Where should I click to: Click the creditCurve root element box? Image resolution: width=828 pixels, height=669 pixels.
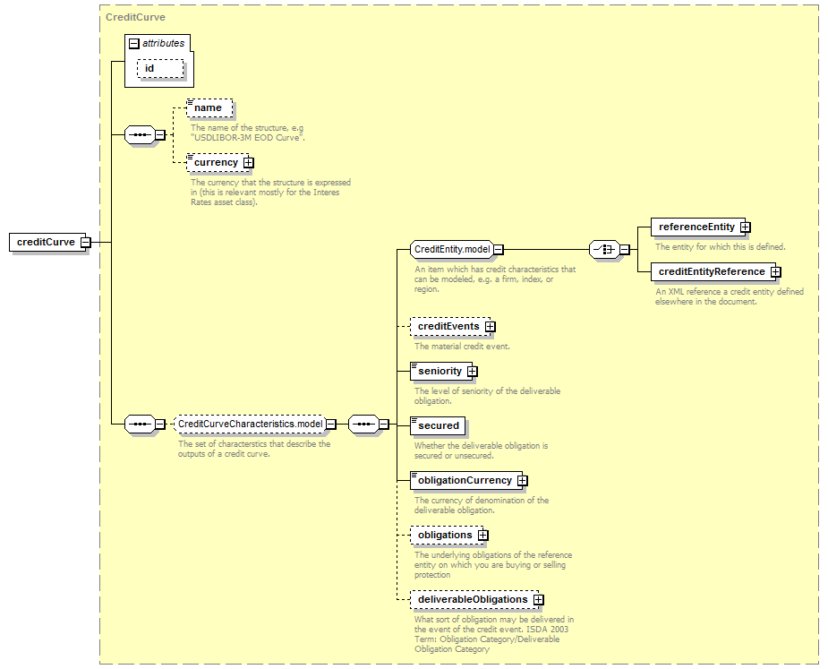pyautogui.click(x=47, y=242)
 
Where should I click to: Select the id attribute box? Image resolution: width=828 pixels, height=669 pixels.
pyautogui.click(x=160, y=69)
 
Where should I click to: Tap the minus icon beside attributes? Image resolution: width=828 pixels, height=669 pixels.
pyautogui.click(x=134, y=44)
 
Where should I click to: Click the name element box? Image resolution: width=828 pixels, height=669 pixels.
pyautogui.click(x=209, y=107)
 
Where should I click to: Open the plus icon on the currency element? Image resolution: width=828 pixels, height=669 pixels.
pyautogui.click(x=248, y=163)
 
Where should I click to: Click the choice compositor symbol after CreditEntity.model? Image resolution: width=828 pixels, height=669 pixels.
pyautogui.click(x=604, y=250)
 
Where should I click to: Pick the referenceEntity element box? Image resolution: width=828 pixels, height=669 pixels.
pyautogui.click(x=698, y=227)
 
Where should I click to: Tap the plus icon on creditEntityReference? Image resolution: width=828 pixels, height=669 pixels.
pyautogui.click(x=775, y=271)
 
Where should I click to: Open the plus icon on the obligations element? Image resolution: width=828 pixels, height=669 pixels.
pyautogui.click(x=482, y=536)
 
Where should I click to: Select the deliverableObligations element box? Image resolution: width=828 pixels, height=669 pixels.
pyautogui.click(x=474, y=600)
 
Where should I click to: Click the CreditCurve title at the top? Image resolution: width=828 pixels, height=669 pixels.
pyautogui.click(x=135, y=17)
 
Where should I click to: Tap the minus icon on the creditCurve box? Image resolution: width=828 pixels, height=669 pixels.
pyautogui.click(x=86, y=243)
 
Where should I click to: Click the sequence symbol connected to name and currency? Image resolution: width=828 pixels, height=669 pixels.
pyautogui.click(x=140, y=134)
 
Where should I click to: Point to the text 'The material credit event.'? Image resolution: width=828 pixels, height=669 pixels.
pyautogui.click(x=462, y=347)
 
